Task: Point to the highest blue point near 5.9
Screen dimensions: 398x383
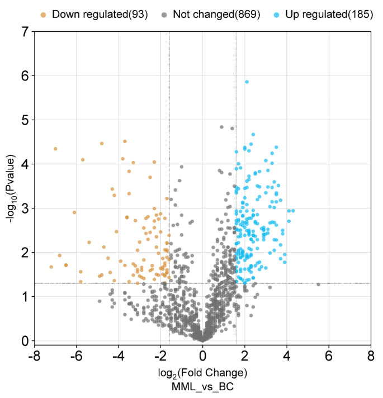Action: pyautogui.click(x=247, y=82)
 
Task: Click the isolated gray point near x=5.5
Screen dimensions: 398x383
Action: pyautogui.click(x=318, y=285)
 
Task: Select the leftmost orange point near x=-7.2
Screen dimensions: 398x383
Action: pyautogui.click(x=51, y=267)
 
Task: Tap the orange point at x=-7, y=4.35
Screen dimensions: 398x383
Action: pyautogui.click(x=55, y=149)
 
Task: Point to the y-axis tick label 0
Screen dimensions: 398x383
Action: pyautogui.click(x=25, y=340)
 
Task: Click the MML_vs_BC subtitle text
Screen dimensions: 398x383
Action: pyautogui.click(x=202, y=386)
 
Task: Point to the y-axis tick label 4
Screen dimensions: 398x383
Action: pyautogui.click(x=25, y=164)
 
